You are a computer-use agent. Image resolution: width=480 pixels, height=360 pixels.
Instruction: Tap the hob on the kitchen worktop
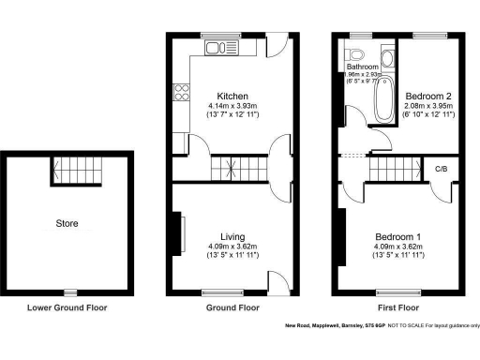pos(181,92)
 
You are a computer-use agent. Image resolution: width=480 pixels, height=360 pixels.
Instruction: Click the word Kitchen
pos(232,96)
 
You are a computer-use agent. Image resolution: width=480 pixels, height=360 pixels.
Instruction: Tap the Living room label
pos(232,236)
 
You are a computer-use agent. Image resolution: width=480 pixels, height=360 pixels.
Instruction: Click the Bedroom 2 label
pos(427,96)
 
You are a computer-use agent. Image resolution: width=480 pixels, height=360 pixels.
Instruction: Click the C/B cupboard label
pos(440,169)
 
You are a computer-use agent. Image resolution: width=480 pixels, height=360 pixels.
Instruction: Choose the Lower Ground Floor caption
pos(67,307)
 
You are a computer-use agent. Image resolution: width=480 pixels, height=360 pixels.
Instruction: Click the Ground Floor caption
pos(232,307)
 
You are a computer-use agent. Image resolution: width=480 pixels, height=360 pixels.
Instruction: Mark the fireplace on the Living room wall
pos(178,234)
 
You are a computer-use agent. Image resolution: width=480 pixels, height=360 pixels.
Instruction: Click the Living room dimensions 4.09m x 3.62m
pos(232,247)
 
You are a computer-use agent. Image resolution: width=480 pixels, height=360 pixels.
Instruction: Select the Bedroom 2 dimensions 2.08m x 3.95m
pos(427,106)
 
